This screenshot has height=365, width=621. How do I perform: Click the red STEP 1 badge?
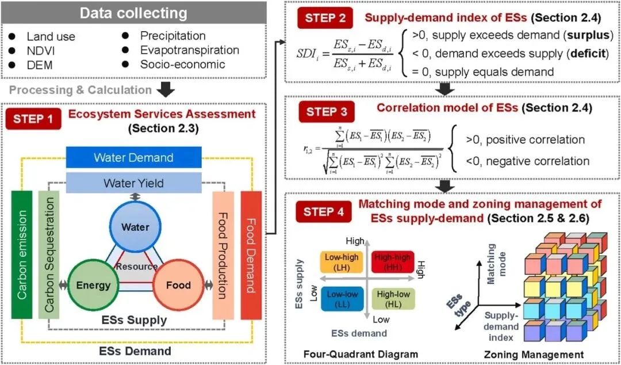pyautogui.click(x=33, y=119)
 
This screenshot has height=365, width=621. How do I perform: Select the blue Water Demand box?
pyautogui.click(x=133, y=157)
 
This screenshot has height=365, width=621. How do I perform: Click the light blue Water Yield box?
pyautogui.click(x=133, y=183)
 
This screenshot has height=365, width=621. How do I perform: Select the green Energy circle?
pyautogui.click(x=93, y=285)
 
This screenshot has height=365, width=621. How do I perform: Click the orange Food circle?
pyautogui.click(x=178, y=285)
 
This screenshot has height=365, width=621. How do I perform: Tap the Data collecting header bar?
pyautogui.click(x=133, y=13)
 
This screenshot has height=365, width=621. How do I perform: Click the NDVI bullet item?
pyautogui.click(x=40, y=50)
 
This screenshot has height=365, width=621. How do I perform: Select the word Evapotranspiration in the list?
pyautogui.click(x=189, y=50)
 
